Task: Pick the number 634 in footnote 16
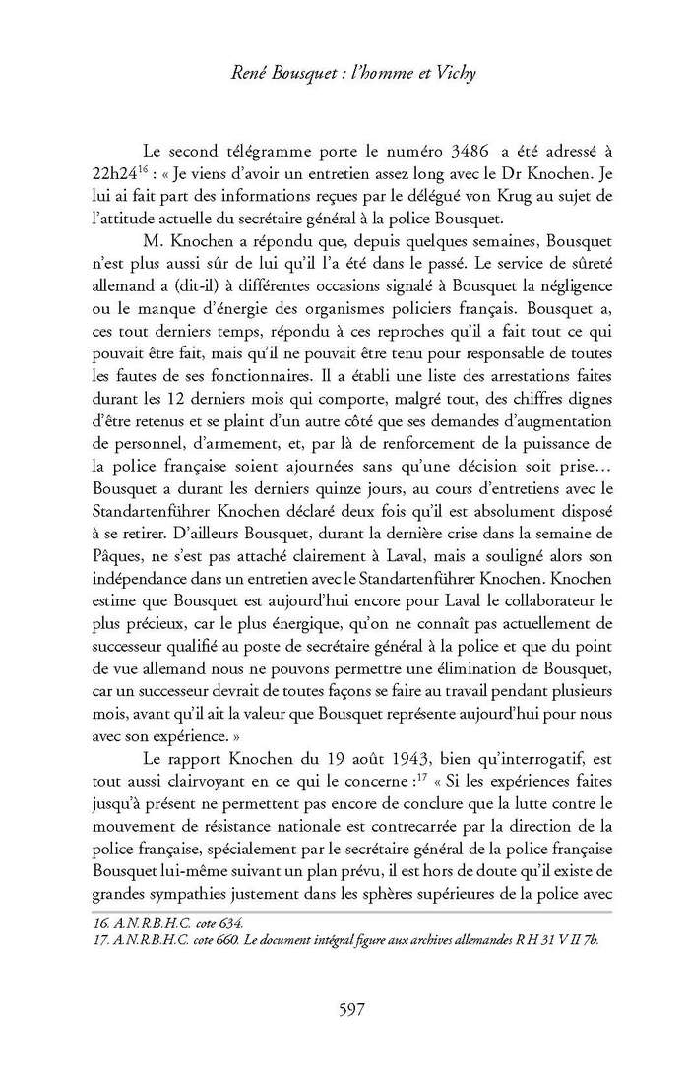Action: coord(225,923)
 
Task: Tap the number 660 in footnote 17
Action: coord(225,939)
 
